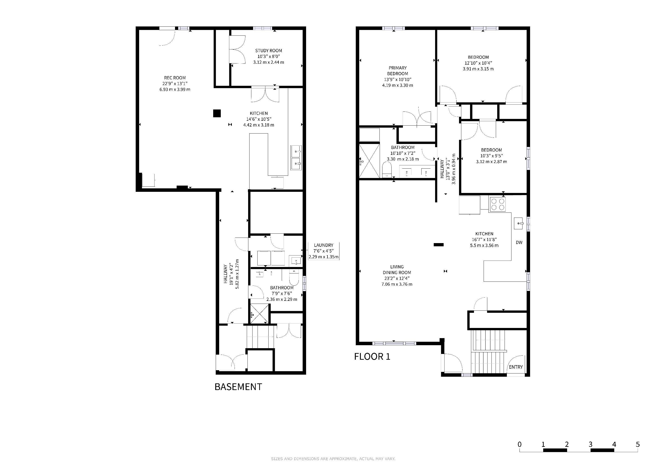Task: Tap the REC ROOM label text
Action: point(175,78)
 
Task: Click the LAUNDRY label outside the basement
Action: point(323,245)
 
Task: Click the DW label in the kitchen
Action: point(519,242)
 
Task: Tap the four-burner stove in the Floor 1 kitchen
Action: point(498,204)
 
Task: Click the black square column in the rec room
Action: point(217,113)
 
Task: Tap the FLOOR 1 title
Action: point(372,357)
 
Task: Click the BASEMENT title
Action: point(238,387)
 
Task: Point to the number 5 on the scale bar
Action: point(637,444)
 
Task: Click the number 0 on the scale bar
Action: point(520,444)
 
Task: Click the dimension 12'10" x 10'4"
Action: point(478,63)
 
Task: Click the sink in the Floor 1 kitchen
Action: point(519,224)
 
